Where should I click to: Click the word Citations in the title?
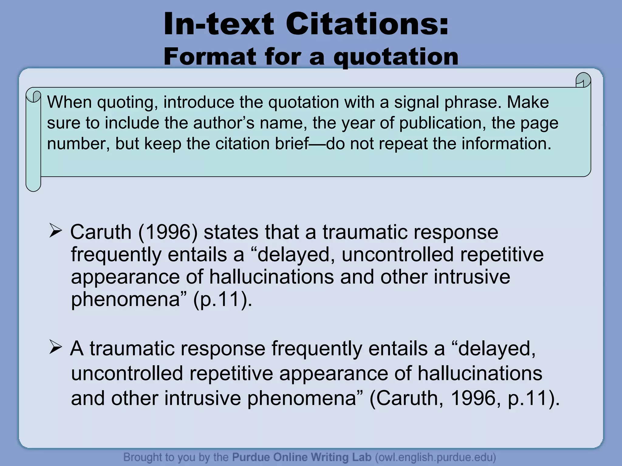(367, 24)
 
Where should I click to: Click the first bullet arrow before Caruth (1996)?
(56, 231)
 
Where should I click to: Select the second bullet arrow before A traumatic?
(56, 348)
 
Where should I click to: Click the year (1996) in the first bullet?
(168, 232)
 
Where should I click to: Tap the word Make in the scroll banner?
(528, 102)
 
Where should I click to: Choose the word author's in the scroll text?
(224, 123)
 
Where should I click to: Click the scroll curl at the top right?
(583, 80)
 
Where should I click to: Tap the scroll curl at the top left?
(33, 96)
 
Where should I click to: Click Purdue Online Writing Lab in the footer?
(302, 457)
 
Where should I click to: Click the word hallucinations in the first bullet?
(272, 277)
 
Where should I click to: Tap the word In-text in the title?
(219, 24)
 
